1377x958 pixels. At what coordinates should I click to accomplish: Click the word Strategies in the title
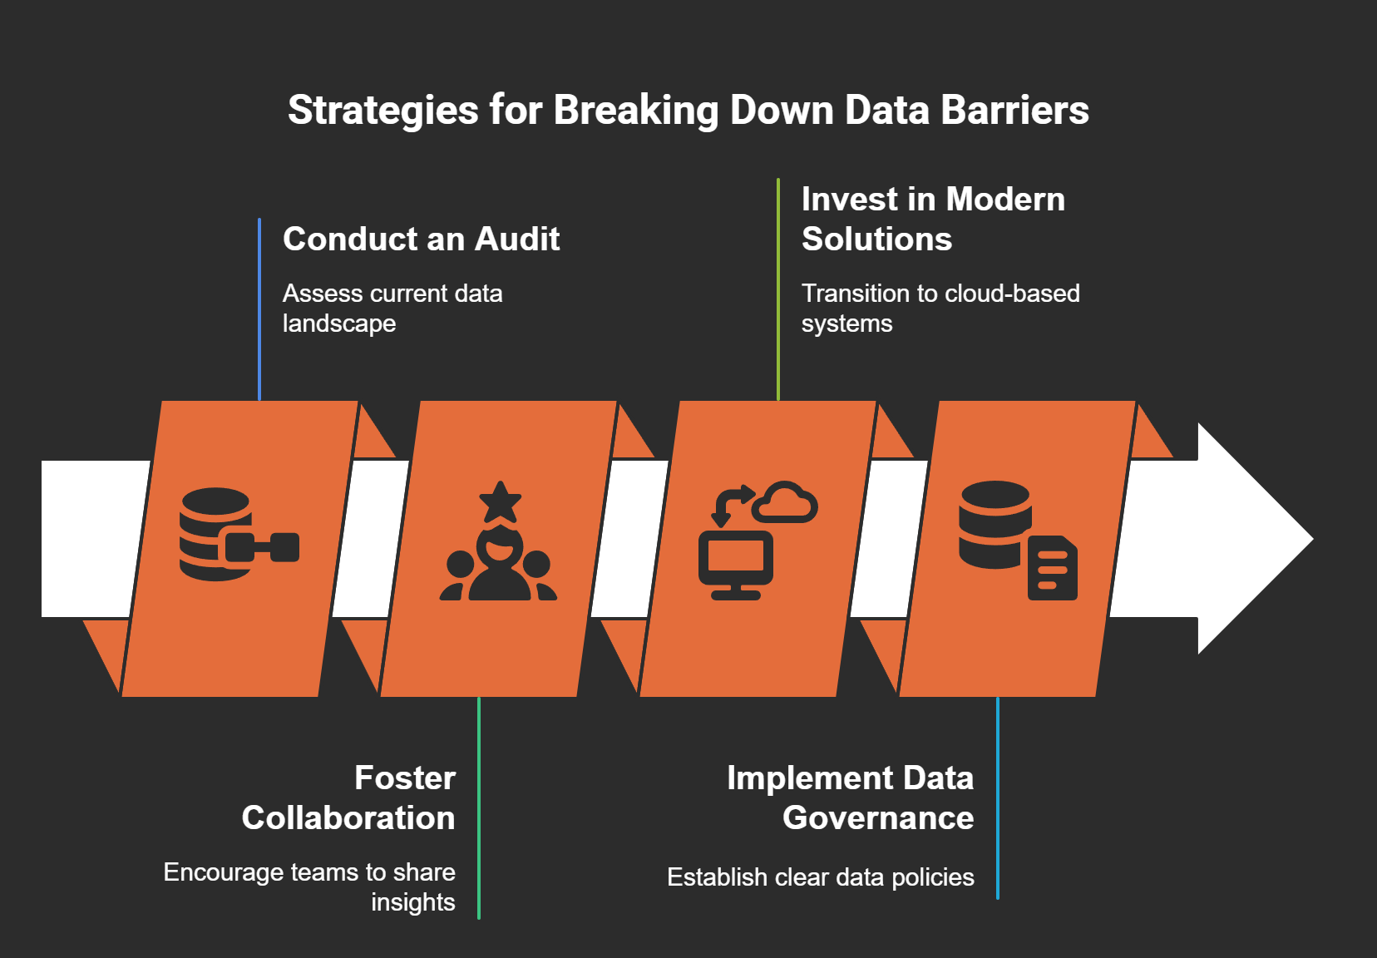pyautogui.click(x=383, y=111)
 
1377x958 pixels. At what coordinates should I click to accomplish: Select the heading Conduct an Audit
pyautogui.click(x=421, y=239)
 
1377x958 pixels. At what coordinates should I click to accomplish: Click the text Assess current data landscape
pyautogui.click(x=392, y=309)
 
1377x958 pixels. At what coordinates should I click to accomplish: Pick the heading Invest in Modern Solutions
pyautogui.click(x=932, y=220)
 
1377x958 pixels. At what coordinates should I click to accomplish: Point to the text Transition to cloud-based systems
pyautogui.click(x=940, y=309)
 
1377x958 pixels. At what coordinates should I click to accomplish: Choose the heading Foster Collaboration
pyautogui.click(x=348, y=798)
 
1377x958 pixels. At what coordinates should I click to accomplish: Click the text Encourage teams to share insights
pyautogui.click(x=309, y=886)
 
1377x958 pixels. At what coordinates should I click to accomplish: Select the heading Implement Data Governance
pyautogui.click(x=850, y=798)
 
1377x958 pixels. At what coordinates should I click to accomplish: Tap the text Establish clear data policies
pyautogui.click(x=820, y=877)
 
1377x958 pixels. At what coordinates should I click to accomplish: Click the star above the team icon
pyautogui.click(x=500, y=501)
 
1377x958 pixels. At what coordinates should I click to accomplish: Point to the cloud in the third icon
pyautogui.click(x=785, y=502)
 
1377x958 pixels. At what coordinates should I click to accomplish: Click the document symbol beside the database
pyautogui.click(x=1053, y=568)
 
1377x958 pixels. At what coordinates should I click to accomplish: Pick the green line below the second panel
pyautogui.click(x=479, y=807)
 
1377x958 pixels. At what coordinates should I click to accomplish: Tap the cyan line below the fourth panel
pyautogui.click(x=998, y=798)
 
